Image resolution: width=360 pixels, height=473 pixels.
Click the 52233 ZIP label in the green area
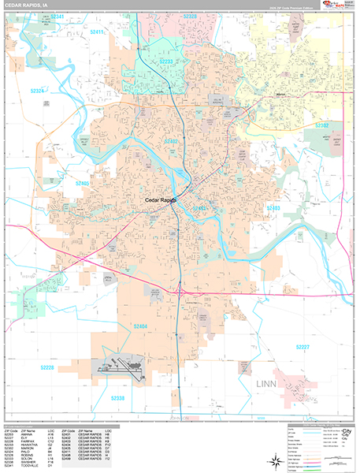167,61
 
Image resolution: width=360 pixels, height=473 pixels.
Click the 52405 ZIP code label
84,183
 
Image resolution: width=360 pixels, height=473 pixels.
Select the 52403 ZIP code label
273,207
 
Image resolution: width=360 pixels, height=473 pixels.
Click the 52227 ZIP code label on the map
303,347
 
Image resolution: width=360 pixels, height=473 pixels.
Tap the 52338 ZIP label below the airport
117,398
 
